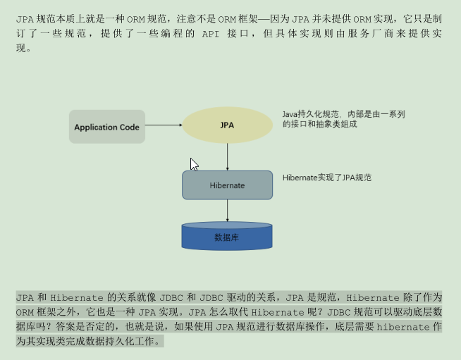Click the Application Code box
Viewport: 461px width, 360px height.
[x=107, y=127]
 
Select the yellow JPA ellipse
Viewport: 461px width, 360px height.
[x=227, y=125]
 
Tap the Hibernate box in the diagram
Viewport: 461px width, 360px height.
[x=227, y=185]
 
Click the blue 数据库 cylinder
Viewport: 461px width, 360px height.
[x=227, y=237]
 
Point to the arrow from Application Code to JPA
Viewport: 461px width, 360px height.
[x=164, y=126]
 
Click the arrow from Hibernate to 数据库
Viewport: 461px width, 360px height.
[x=227, y=211]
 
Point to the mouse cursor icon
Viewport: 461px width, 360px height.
[x=194, y=164]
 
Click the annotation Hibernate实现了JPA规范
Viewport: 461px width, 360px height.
[x=326, y=178]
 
